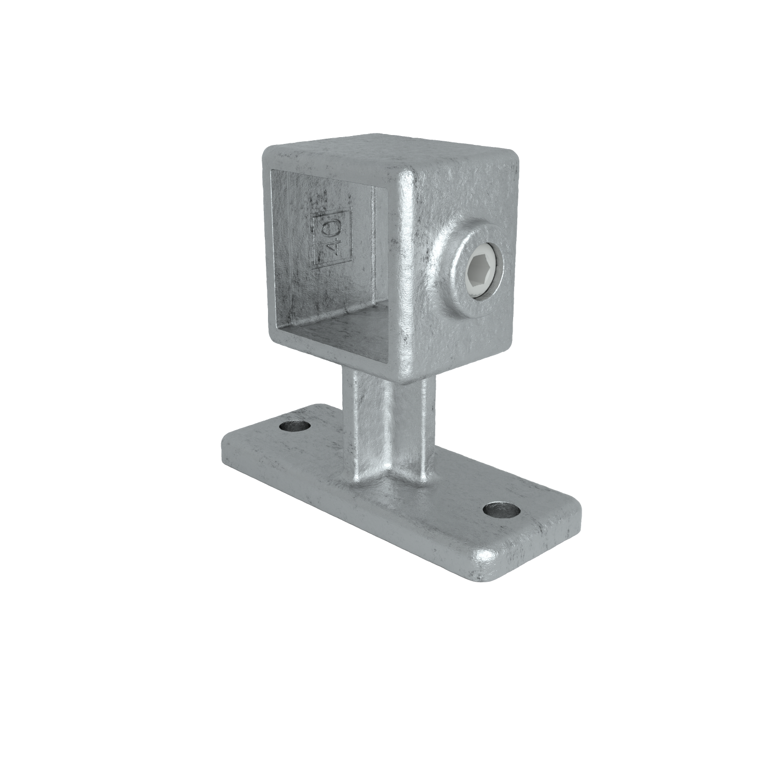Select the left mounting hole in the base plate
(294, 427)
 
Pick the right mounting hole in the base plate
(502, 509)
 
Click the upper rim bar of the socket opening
(332, 166)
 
